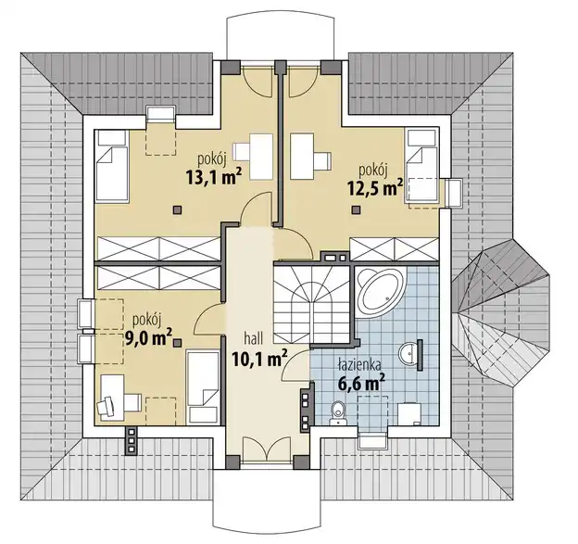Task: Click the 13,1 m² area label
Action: (x=214, y=177)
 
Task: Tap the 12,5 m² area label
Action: (x=375, y=188)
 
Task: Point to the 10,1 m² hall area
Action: (x=259, y=359)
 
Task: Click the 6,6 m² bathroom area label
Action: (x=362, y=383)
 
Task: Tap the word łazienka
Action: (x=359, y=365)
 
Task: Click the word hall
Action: (x=253, y=338)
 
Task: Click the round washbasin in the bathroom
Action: (x=408, y=353)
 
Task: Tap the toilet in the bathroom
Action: (x=337, y=413)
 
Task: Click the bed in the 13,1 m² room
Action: (x=112, y=166)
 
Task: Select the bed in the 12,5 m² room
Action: (x=422, y=165)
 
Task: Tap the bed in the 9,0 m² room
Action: (x=202, y=387)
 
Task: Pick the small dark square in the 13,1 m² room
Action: (x=177, y=209)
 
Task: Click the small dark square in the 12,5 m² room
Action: (x=356, y=209)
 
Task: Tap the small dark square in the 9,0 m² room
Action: (x=177, y=343)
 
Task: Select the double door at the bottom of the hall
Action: (x=265, y=449)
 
